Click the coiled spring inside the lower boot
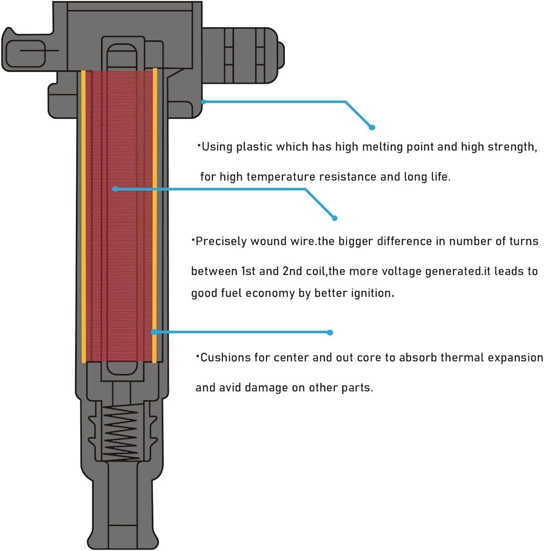[121, 434]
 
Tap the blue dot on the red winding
[115, 189]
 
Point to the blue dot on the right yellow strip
[154, 332]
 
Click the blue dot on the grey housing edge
[203, 101]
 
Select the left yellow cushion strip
[84, 217]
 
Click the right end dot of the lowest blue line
[330, 332]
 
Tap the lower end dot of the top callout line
[372, 127]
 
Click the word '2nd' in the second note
[291, 272]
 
